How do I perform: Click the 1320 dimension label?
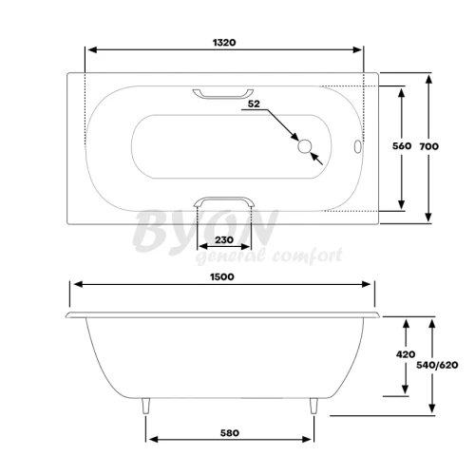(x=224, y=43)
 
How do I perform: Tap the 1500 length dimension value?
(x=222, y=276)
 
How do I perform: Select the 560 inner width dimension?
(x=402, y=146)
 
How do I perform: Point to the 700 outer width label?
(x=429, y=146)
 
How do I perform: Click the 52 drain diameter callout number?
(x=254, y=104)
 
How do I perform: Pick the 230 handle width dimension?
(x=224, y=239)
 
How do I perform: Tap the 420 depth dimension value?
(x=406, y=354)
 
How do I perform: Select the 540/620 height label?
(x=437, y=365)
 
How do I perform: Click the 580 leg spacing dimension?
(x=230, y=433)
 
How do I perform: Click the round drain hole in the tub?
(x=305, y=146)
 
